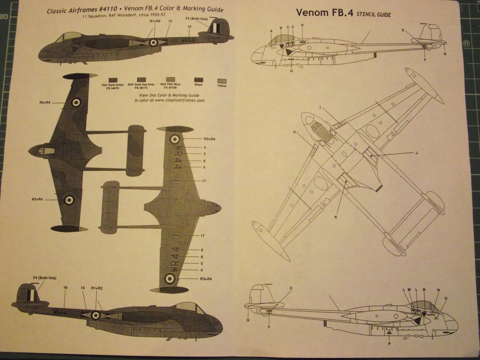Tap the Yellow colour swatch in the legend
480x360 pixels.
click(222, 81)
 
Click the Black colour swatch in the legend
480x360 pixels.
click(198, 80)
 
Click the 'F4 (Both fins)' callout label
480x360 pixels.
click(45, 278)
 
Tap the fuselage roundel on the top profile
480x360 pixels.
click(153, 43)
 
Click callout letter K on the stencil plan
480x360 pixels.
click(336, 216)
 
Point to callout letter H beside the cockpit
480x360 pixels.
click(295, 132)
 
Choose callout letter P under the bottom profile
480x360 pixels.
click(389, 344)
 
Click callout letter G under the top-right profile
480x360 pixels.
click(291, 71)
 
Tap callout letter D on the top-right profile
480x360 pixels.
click(302, 25)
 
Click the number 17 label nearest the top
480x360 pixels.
click(204, 181)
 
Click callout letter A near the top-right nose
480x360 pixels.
click(271, 31)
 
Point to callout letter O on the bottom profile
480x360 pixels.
click(446, 298)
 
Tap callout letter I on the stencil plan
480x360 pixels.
click(320, 107)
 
